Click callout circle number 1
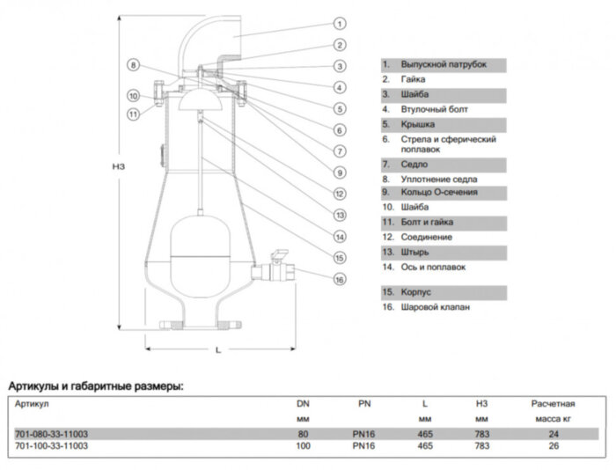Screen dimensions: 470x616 click(x=340, y=24)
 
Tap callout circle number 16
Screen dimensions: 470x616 click(x=340, y=280)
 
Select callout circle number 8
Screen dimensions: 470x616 click(x=134, y=65)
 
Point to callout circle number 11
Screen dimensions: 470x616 click(x=133, y=114)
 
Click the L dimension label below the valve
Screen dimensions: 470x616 click(x=217, y=350)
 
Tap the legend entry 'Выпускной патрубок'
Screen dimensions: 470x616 click(x=443, y=65)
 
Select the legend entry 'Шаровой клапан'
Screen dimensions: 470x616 click(x=434, y=307)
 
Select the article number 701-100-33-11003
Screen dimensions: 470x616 click(x=52, y=446)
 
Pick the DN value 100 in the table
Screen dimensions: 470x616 click(x=304, y=446)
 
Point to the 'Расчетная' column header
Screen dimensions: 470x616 click(x=553, y=404)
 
